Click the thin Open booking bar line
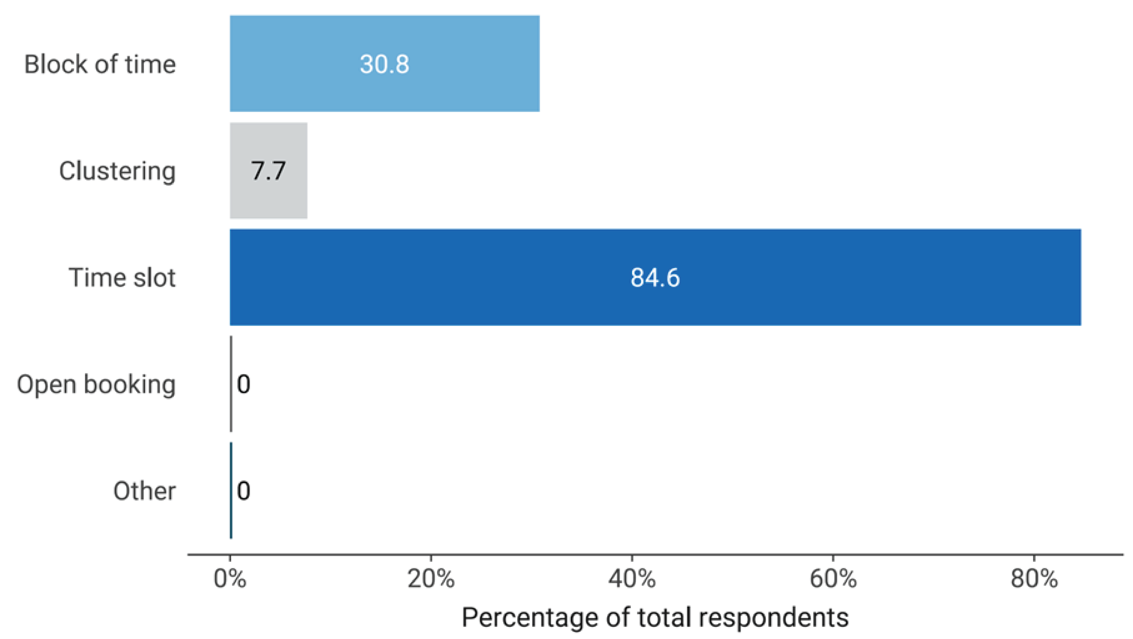[231, 384]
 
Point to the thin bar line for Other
[231, 490]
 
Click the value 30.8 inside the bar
[384, 64]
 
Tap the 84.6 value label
[655, 277]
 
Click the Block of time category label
[100, 64]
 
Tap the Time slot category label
[122, 277]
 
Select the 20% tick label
[431, 579]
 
